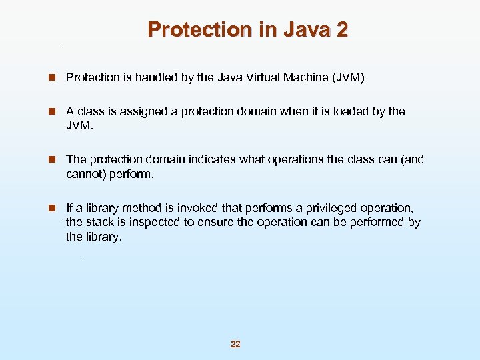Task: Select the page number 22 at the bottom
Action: pyautogui.click(x=235, y=344)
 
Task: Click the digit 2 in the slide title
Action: pyautogui.click(x=341, y=30)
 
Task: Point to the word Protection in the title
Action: pyautogui.click(x=197, y=30)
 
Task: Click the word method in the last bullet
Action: pyautogui.click(x=142, y=208)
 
